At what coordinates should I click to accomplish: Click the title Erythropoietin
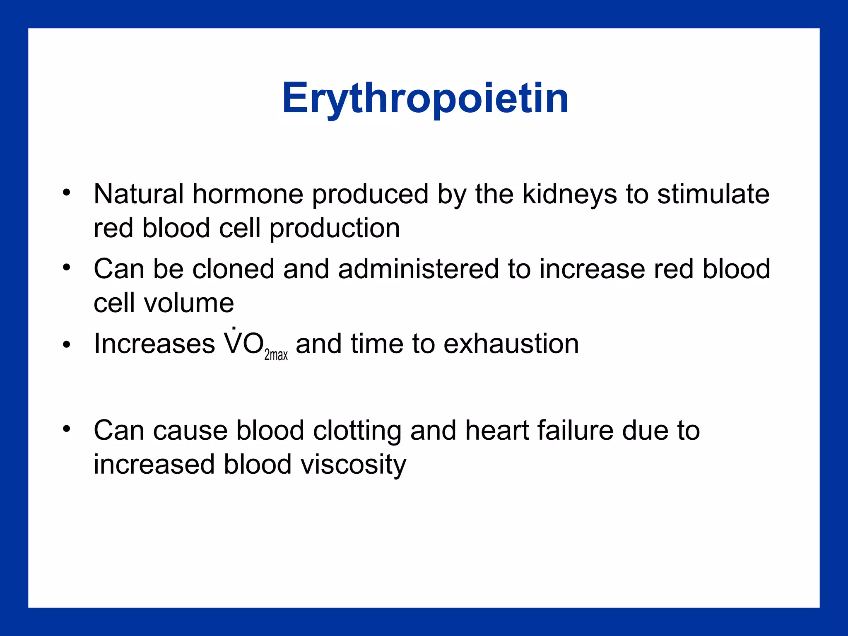point(425,99)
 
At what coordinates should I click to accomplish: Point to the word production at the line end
point(335,229)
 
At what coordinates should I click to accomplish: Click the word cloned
point(233,269)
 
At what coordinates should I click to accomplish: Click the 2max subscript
point(276,355)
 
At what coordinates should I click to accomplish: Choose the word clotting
point(357,431)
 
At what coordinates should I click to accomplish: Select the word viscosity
point(353,465)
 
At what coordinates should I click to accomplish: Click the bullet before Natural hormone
point(67,193)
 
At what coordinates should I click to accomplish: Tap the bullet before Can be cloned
point(67,267)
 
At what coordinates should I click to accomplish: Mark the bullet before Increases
point(67,344)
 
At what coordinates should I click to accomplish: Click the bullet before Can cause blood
point(67,429)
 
